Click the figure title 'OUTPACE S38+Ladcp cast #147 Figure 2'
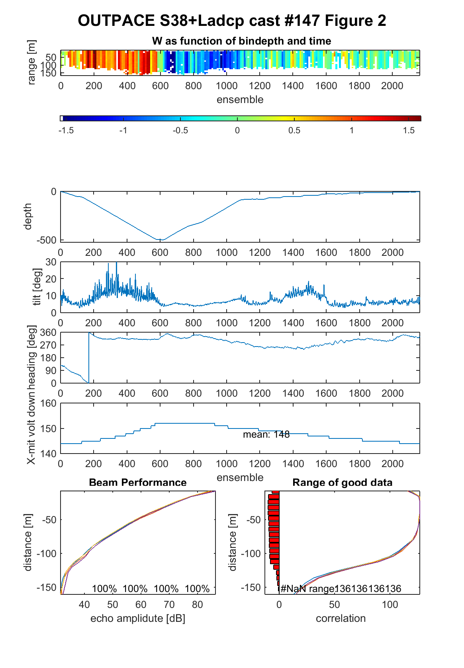232,21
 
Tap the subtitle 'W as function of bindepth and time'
241,41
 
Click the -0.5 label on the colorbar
180,130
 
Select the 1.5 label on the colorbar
409,130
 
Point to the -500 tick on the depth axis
46,240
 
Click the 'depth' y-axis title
27,216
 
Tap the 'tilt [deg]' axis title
37,287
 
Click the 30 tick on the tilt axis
51,262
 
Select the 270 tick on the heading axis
48,345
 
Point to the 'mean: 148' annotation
266,434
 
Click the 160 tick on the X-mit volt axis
48,403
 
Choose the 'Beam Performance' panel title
138,483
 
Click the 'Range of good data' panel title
342,483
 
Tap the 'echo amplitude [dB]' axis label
138,619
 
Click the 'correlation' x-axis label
341,619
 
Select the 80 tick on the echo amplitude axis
198,604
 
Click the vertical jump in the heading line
89,358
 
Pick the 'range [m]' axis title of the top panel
31,62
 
